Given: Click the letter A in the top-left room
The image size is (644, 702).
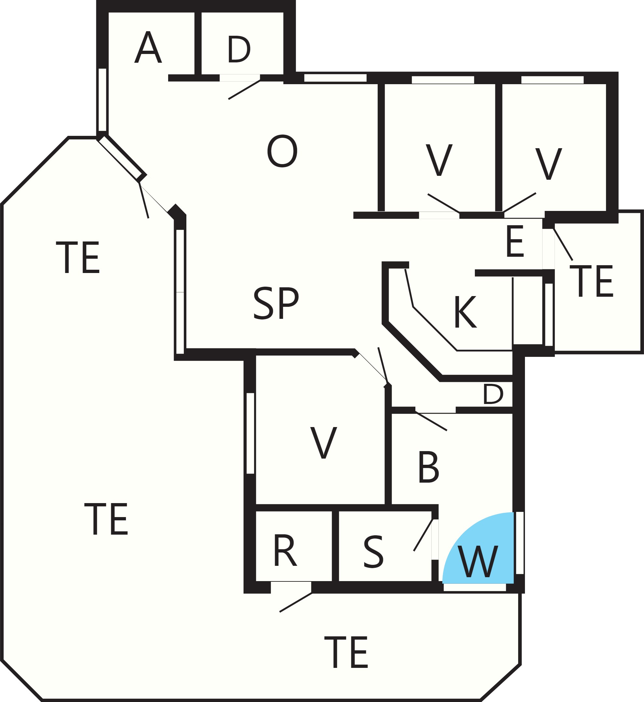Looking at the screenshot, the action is click(148, 47).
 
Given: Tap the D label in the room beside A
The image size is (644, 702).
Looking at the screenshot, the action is click(239, 49).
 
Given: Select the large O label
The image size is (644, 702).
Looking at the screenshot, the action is click(282, 151).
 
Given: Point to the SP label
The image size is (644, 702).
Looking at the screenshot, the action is click(276, 303).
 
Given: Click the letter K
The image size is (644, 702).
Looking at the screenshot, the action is click(465, 312).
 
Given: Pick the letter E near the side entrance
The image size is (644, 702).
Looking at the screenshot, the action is click(515, 241).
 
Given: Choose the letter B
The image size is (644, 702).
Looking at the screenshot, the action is click(428, 467).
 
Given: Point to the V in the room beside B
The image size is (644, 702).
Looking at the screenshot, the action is click(324, 443).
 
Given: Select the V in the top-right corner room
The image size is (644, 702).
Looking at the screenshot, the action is click(549, 164).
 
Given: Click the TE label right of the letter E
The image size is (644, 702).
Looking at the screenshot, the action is click(591, 281).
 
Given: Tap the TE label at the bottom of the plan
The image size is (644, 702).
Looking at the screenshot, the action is click(346, 652).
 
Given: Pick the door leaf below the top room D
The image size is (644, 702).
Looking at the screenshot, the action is click(244, 90).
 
